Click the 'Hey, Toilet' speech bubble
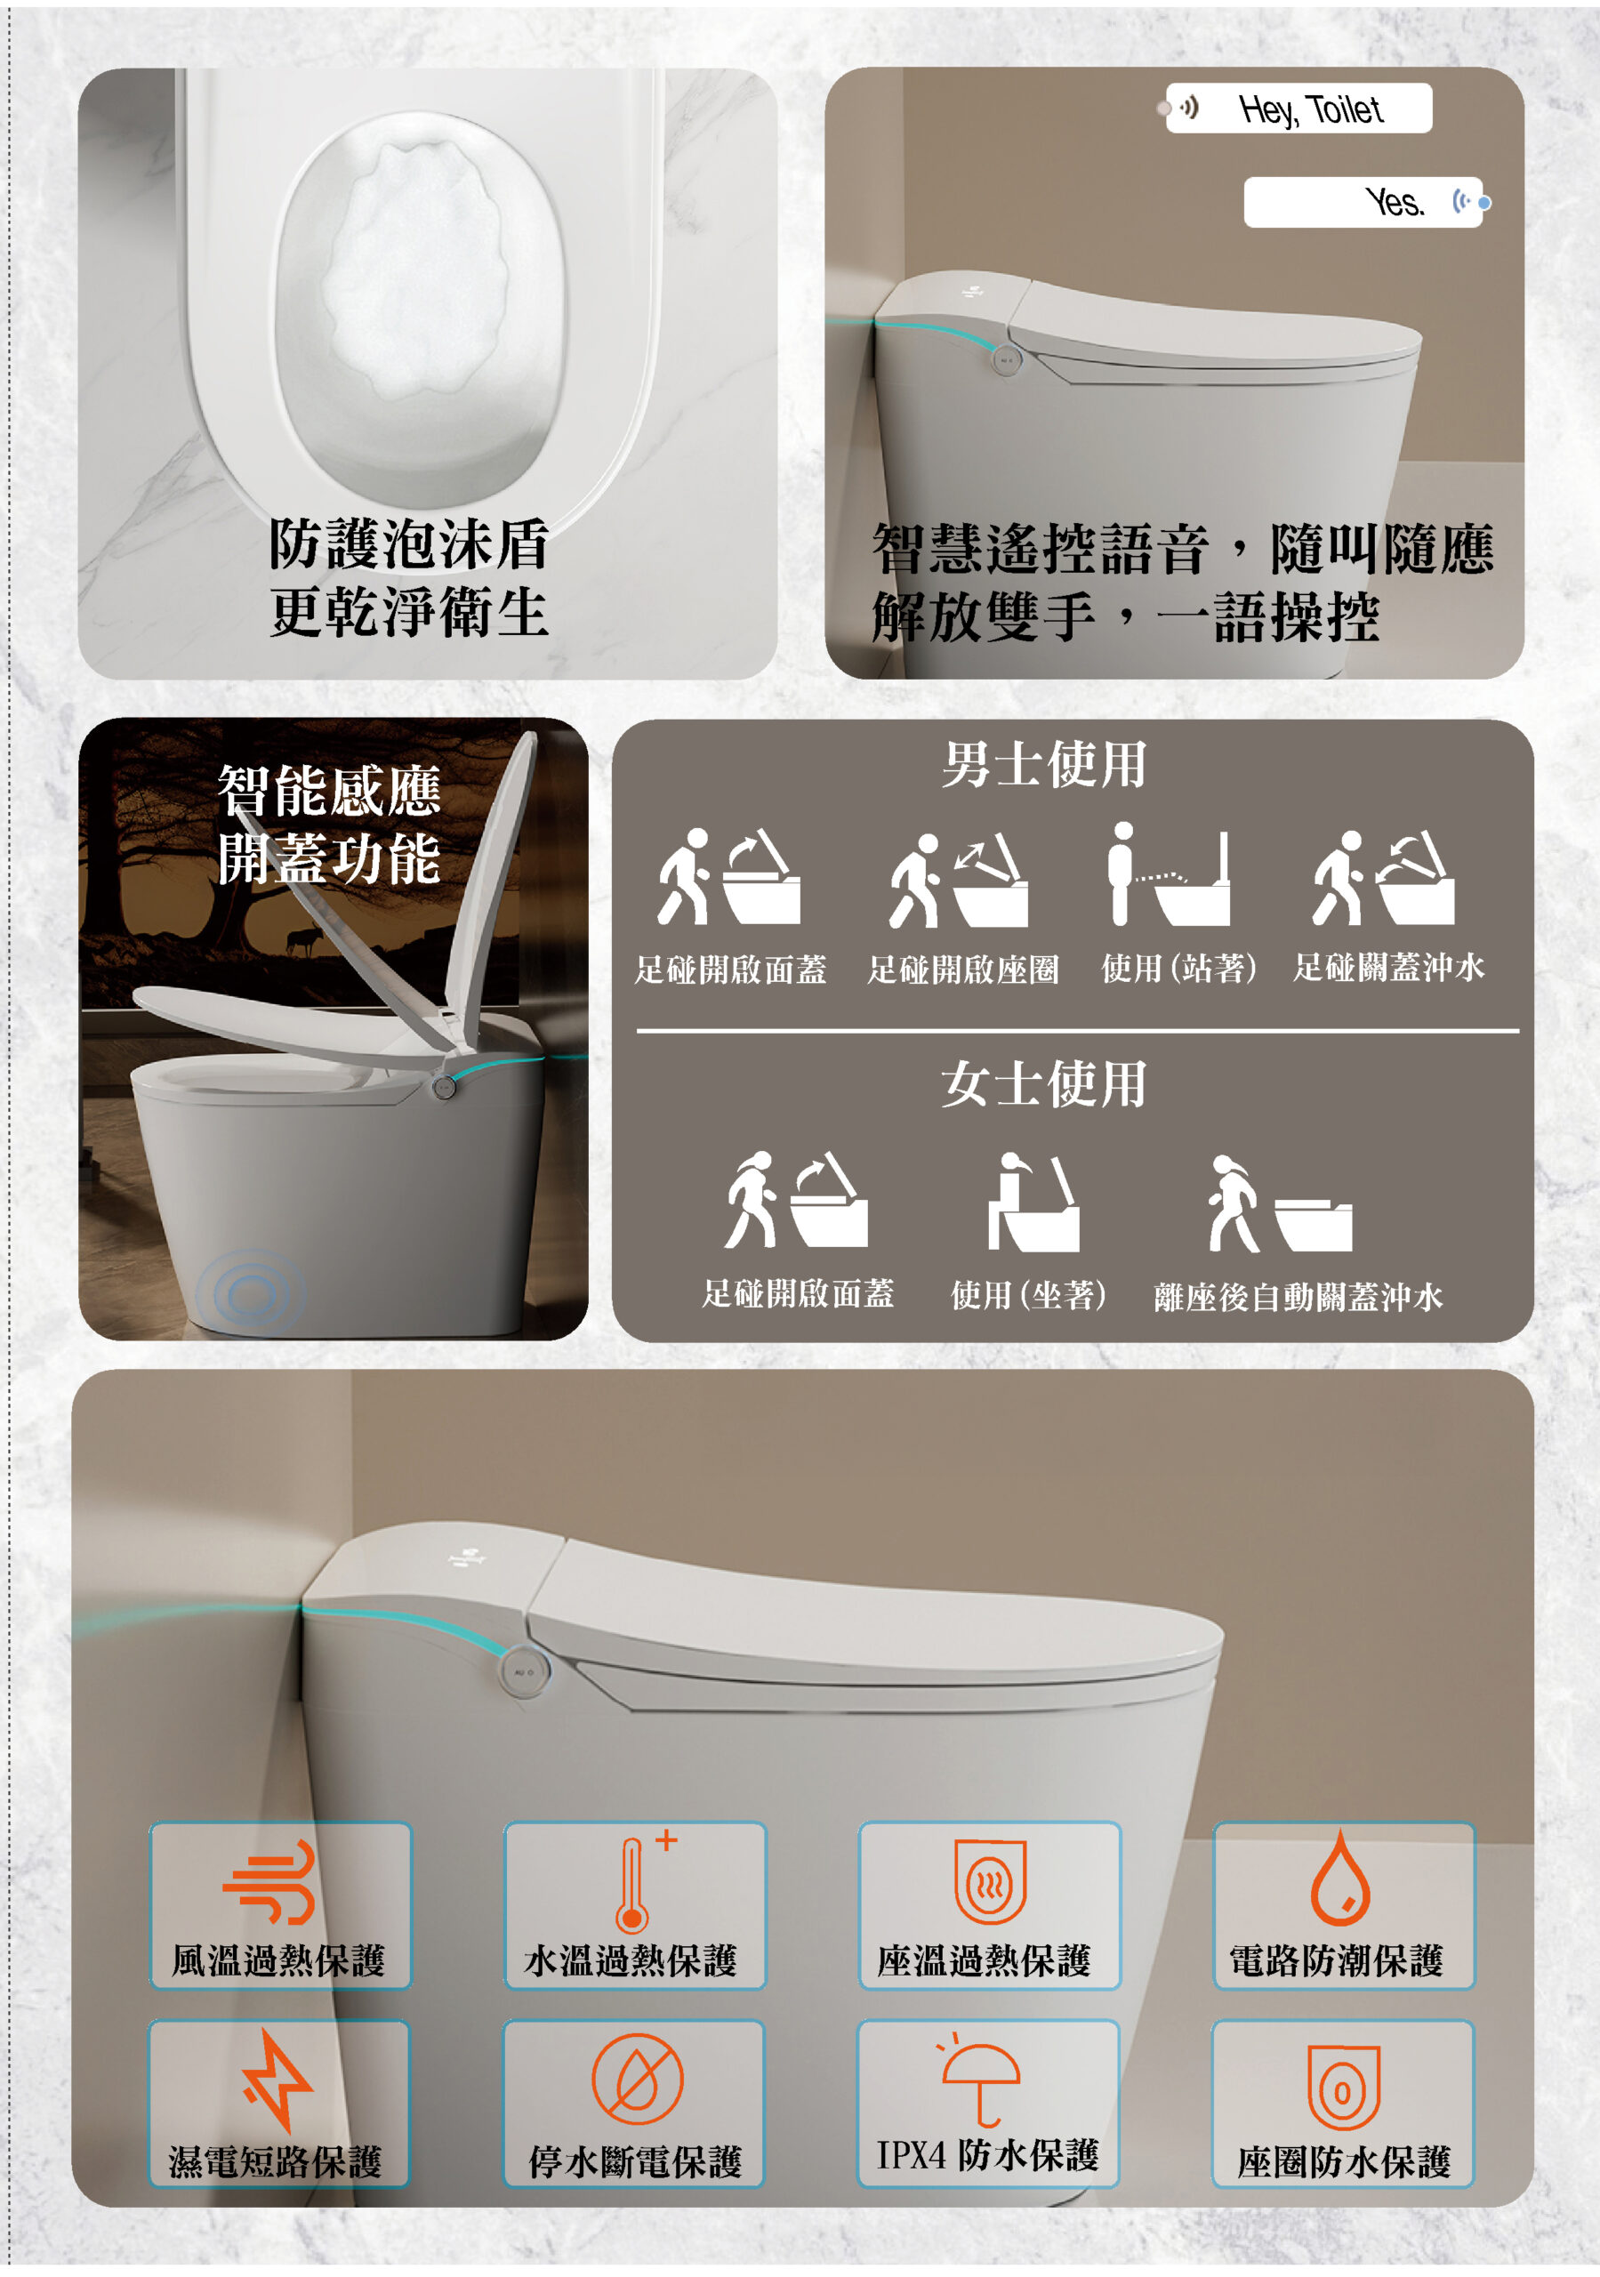tap(1298, 109)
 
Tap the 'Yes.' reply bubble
tap(1363, 202)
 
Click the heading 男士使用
tap(1043, 765)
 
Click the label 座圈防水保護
tap(1343, 2163)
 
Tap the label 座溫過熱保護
tap(983, 1960)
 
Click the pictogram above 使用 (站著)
tap(1170, 873)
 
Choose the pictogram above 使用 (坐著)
tap(1033, 1201)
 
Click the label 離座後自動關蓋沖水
tap(1298, 1296)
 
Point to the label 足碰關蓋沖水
tap(1387, 967)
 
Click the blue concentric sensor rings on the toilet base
tap(251, 1291)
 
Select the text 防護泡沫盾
tap(409, 543)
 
